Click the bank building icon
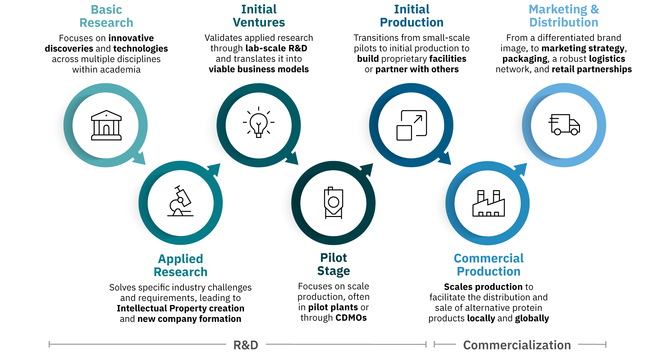pyautogui.click(x=106, y=125)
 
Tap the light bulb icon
pyautogui.click(x=258, y=122)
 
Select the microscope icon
pyautogui.click(x=180, y=201)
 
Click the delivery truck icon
pyautogui.click(x=564, y=125)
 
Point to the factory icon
pyautogui.click(x=488, y=203)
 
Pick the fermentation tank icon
pyautogui.click(x=333, y=203)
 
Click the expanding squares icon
pyautogui.click(x=412, y=125)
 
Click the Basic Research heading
pyautogui.click(x=106, y=16)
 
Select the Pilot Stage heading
pyautogui.click(x=333, y=264)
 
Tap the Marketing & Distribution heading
pyautogui.click(x=564, y=16)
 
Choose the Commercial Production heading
pyautogui.click(x=489, y=265)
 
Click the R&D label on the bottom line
pyautogui.click(x=246, y=345)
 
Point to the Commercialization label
pyautogui.click(x=517, y=345)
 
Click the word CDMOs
pyautogui.click(x=351, y=317)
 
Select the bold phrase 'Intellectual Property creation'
pyautogui.click(x=180, y=308)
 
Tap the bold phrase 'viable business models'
pyautogui.click(x=259, y=69)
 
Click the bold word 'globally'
pyautogui.click(x=532, y=318)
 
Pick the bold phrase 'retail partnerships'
pyautogui.click(x=592, y=69)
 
